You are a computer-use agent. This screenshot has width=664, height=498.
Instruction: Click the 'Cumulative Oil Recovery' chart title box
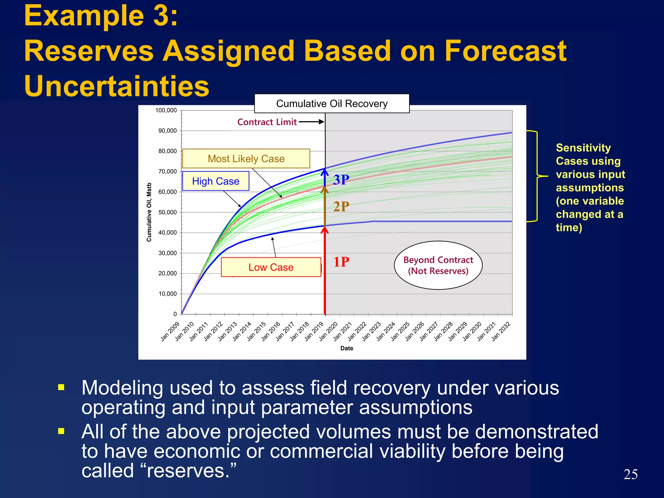332,103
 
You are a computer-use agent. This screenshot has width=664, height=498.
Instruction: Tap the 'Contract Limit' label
267,122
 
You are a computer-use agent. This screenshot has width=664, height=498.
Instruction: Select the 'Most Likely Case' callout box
246,159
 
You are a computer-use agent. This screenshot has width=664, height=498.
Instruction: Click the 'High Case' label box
216,181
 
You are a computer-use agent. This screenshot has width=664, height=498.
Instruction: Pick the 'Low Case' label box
271,267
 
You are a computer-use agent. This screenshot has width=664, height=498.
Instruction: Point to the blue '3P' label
341,180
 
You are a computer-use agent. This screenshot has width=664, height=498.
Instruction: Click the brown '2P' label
341,207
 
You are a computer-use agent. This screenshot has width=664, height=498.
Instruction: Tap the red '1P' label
341,262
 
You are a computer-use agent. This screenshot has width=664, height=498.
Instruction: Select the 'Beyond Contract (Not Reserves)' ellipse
438,265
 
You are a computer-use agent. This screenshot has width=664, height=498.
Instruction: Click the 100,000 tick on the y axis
166,111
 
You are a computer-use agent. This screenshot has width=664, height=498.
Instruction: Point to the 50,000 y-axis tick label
167,212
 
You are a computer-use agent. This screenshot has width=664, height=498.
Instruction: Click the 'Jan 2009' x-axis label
170,331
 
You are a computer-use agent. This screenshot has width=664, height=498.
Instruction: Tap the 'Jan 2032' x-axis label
501,331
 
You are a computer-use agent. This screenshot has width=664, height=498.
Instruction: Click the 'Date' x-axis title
347,348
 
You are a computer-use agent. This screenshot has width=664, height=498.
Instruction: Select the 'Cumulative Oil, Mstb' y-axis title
149,212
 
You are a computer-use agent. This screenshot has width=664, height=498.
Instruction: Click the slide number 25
630,474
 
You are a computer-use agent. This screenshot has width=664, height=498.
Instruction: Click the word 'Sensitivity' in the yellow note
583,148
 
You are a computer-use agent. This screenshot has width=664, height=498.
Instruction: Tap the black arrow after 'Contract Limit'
311,122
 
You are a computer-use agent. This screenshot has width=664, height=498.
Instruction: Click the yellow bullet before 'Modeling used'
61,387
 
